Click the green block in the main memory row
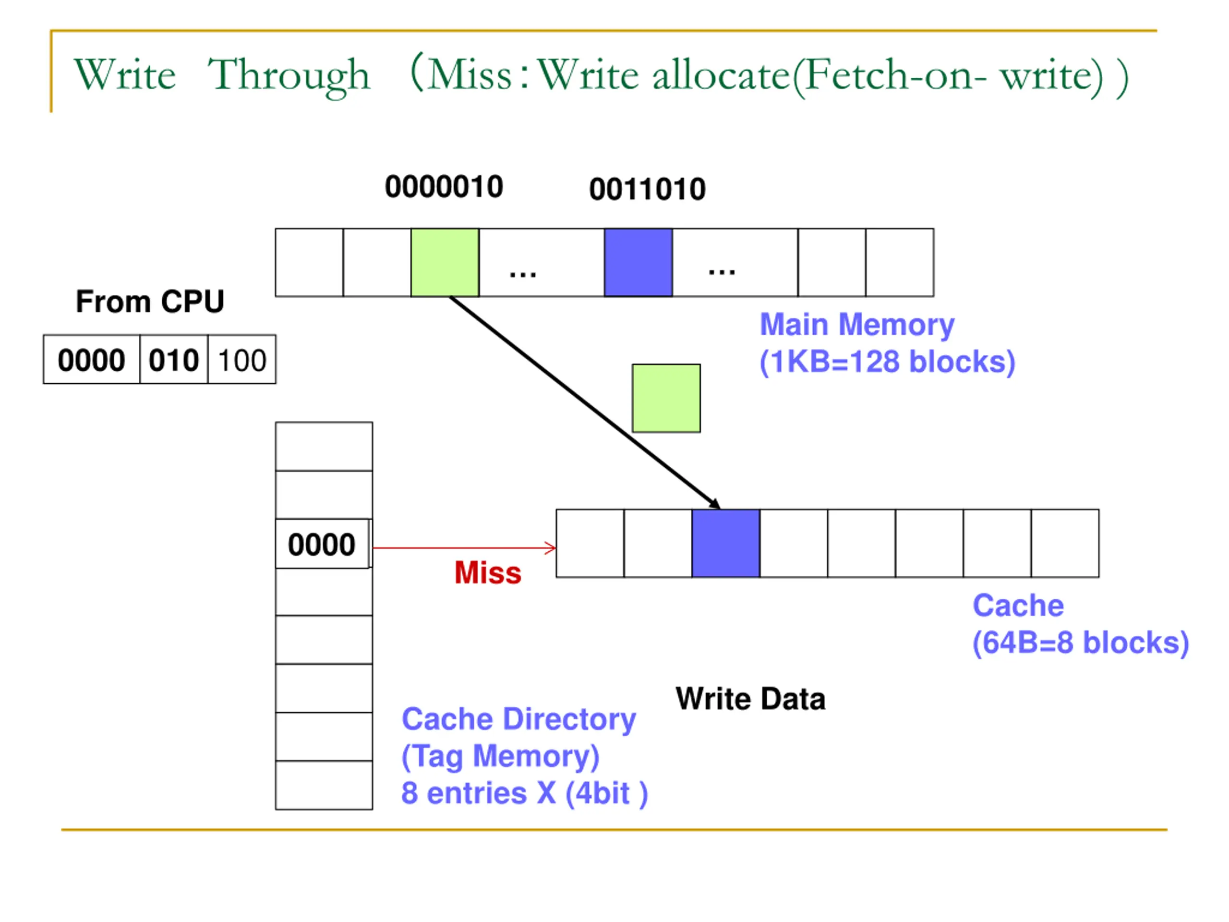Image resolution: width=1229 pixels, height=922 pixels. pyautogui.click(x=445, y=262)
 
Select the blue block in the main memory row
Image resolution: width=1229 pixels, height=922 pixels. pyautogui.click(x=639, y=262)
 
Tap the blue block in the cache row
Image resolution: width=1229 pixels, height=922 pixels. pyautogui.click(x=725, y=543)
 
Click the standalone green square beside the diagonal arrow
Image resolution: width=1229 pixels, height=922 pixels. pyautogui.click(x=666, y=398)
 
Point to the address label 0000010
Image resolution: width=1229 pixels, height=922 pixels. pyautogui.click(x=444, y=186)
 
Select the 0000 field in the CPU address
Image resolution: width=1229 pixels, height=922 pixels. pyautogui.click(x=92, y=360)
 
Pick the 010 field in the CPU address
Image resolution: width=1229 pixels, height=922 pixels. pyautogui.click(x=174, y=360)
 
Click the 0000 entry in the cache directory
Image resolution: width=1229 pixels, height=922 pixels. pyautogui.click(x=322, y=544)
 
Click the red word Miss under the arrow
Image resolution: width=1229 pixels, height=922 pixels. pyautogui.click(x=488, y=572)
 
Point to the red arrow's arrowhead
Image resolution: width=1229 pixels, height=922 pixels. pyautogui.click(x=550, y=548)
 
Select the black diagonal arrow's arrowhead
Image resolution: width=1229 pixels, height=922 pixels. pyautogui.click(x=715, y=504)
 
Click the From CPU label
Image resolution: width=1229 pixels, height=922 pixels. pyautogui.click(x=150, y=302)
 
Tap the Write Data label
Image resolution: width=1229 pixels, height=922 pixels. pyautogui.click(x=751, y=699)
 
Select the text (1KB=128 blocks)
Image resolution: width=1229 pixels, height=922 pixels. pyautogui.click(x=887, y=362)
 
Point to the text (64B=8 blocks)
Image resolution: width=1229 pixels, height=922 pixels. pyautogui.click(x=1081, y=643)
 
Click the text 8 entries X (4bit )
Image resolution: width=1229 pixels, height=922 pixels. pyautogui.click(x=525, y=793)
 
